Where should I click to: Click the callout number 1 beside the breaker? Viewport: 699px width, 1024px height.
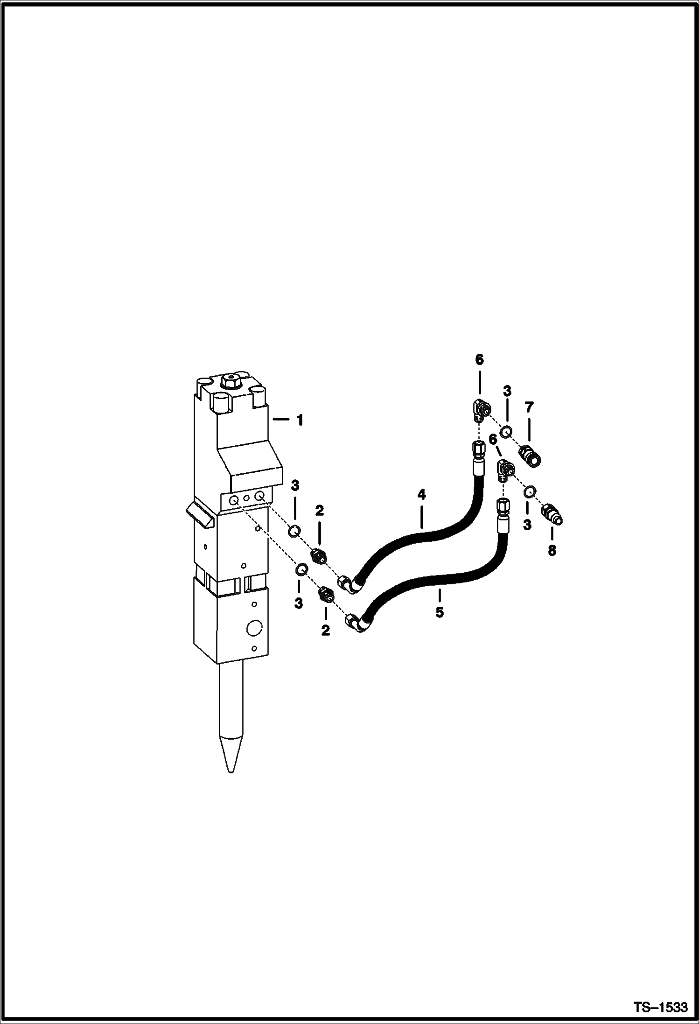300,421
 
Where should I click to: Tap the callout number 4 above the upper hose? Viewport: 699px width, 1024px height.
421,495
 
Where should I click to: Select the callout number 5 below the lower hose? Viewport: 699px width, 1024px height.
440,612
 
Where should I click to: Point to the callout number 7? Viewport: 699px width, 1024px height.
528,407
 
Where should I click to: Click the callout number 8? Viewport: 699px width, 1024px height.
552,551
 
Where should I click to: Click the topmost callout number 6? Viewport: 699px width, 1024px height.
480,360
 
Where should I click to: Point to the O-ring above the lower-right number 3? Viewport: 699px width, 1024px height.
529,491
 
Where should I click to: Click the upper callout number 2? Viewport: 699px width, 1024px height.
319,511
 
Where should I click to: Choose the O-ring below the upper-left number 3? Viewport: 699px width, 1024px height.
294,530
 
